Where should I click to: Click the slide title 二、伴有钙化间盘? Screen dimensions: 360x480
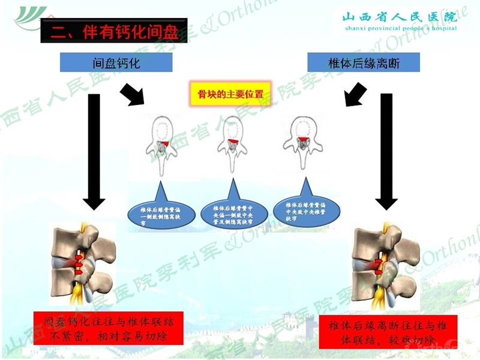[114, 30]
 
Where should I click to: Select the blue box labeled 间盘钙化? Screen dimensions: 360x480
[116, 62]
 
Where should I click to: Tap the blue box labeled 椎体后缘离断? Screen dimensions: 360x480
[363, 62]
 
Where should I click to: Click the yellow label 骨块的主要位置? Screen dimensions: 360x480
[230, 94]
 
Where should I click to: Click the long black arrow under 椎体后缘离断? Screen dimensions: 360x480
[386, 150]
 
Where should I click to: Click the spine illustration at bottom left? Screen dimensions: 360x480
[84, 264]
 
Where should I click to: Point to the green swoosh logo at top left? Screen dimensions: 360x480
[30, 16]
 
